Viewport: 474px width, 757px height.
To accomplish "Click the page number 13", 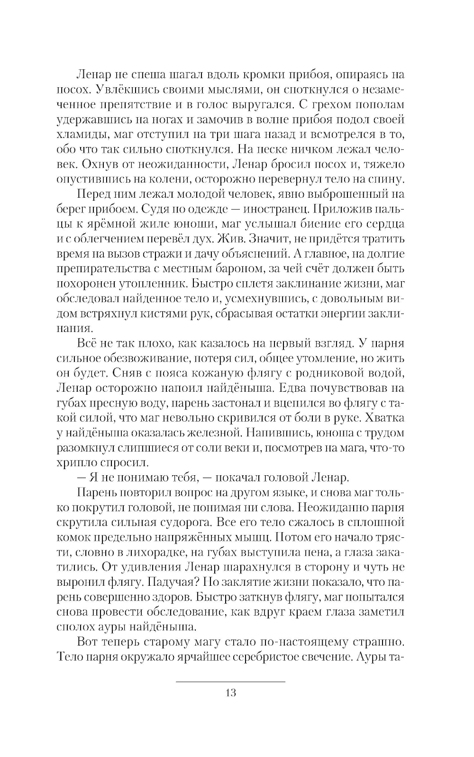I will [230, 692].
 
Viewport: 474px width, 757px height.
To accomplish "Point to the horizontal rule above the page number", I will [230, 682].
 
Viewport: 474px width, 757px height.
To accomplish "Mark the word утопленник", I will [166, 284].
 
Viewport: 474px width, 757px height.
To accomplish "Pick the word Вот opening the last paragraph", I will [89, 642].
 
